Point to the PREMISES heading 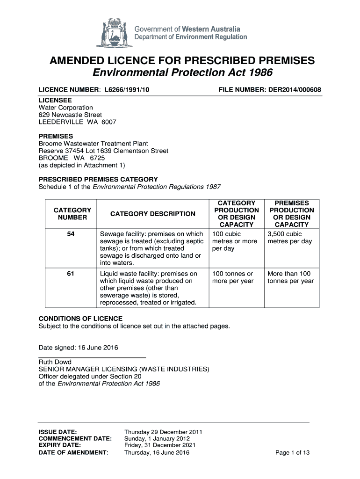click(53, 136)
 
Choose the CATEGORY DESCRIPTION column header click(153, 214)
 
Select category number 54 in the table click(72, 234)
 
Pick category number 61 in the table click(72, 274)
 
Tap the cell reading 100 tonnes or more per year click(233, 277)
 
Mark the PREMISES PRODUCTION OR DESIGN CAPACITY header click(291, 214)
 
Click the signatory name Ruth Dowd click(55, 362)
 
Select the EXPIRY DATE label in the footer click(59, 446)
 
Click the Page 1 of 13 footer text click(293, 453)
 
